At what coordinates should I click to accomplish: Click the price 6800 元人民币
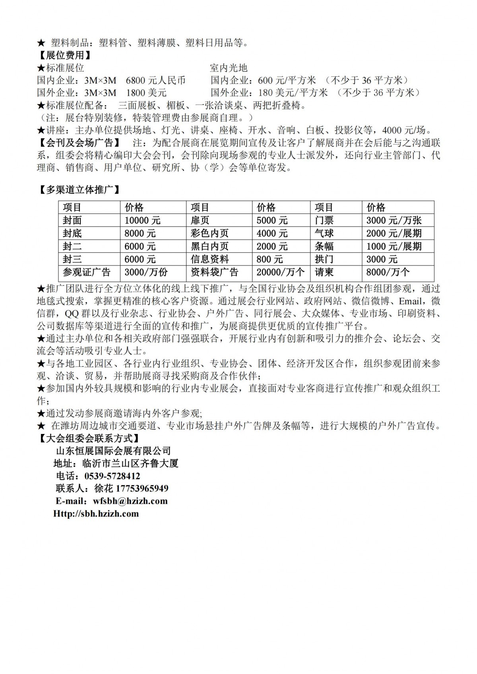pyautogui.click(x=156, y=81)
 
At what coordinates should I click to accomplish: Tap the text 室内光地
pyautogui.click(x=229, y=68)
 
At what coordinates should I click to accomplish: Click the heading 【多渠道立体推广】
pyautogui.click(x=79, y=190)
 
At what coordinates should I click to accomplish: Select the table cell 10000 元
pyautogui.click(x=142, y=221)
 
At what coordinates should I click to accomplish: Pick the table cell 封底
pyautogui.click(x=72, y=233)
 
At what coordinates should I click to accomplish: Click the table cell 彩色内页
pyautogui.click(x=209, y=233)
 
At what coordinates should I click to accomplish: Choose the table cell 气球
pyautogui.click(x=324, y=233)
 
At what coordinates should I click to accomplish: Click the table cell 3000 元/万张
pyautogui.click(x=394, y=221)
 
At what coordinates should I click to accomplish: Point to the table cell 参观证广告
pyautogui.click(x=87, y=272)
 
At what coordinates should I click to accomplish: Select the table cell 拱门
pyautogui.click(x=324, y=260)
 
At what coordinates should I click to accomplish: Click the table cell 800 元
pyautogui.click(x=270, y=260)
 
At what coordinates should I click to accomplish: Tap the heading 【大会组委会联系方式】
pyautogui.click(x=89, y=438)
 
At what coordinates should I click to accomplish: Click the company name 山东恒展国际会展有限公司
pyautogui.click(x=113, y=451)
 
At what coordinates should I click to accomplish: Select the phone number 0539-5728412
pyautogui.click(x=112, y=476)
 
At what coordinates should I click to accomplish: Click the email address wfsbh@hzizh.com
pyautogui.click(x=130, y=501)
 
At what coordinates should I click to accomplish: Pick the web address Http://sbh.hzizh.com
pyautogui.click(x=96, y=514)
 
